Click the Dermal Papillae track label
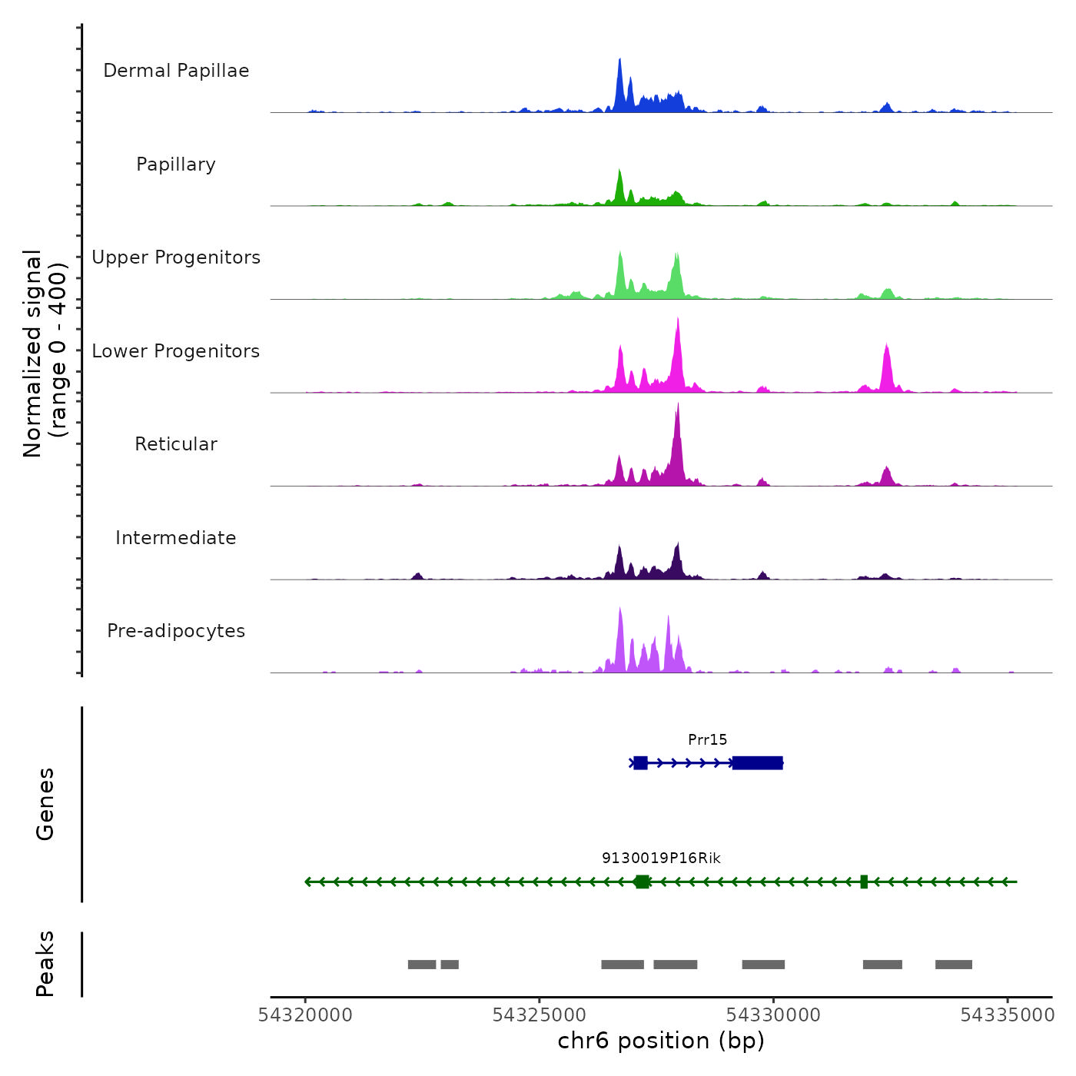[x=176, y=71]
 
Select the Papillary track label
[x=176, y=164]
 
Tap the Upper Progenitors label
[x=176, y=257]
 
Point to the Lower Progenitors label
[x=176, y=351]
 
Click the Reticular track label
[x=176, y=444]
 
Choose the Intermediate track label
[x=176, y=538]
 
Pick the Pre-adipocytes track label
[x=176, y=631]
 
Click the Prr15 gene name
[x=707, y=739]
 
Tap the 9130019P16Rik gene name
[x=661, y=858]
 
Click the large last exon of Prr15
[x=757, y=762]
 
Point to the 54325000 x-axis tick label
[x=540, y=1015]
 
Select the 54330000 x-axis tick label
[x=773, y=1015]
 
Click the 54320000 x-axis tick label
[x=305, y=1015]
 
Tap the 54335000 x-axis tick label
[x=1008, y=1015]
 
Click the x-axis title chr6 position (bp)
[x=661, y=1041]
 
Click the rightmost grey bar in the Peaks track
[x=953, y=965]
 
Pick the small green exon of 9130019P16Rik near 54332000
[x=864, y=882]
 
